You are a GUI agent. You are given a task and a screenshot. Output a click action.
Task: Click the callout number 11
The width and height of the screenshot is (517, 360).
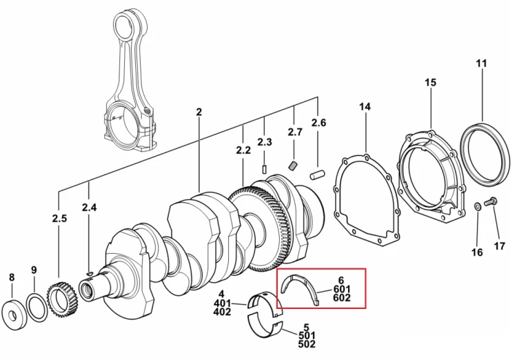[481, 63]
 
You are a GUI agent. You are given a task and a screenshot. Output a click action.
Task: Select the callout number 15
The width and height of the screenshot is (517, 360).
[430, 83]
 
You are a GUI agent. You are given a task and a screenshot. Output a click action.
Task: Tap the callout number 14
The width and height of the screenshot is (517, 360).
[365, 107]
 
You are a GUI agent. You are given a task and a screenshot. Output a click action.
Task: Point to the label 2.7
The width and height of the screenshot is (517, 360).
[295, 132]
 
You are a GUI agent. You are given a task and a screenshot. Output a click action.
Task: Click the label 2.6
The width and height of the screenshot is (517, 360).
[318, 123]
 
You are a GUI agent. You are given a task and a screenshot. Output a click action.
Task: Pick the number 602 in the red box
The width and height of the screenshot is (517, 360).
[342, 298]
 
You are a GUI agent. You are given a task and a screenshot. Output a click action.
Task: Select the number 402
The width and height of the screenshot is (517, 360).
[222, 312]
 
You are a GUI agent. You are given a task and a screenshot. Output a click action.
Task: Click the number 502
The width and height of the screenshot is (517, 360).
[307, 344]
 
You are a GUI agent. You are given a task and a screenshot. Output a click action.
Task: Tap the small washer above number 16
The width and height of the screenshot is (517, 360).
[477, 207]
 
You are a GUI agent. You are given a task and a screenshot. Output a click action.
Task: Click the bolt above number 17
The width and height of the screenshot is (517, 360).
[491, 201]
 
